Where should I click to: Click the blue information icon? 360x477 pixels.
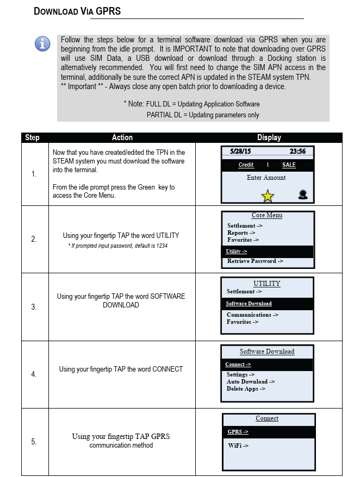click(x=42, y=43)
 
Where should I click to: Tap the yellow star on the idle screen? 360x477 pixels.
click(x=268, y=196)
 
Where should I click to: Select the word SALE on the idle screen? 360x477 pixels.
click(x=289, y=165)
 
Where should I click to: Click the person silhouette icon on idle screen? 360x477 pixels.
click(x=303, y=194)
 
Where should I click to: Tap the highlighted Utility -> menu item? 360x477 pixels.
click(x=237, y=252)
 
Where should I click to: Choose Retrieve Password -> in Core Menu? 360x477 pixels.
click(x=255, y=261)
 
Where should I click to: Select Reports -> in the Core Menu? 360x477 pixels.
click(x=241, y=233)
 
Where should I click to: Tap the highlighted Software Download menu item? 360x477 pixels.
click(x=249, y=304)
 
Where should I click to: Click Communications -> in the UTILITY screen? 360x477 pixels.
click(x=252, y=315)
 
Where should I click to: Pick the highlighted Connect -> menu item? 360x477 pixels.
click(x=238, y=365)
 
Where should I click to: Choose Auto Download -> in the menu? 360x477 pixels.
click(x=251, y=381)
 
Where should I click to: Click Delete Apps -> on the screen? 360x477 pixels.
click(x=246, y=389)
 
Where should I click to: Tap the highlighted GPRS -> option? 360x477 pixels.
click(x=238, y=432)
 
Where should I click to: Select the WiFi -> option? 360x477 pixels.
click(x=238, y=445)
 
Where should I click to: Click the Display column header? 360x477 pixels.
click(x=269, y=137)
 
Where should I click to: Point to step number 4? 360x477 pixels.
click(x=34, y=374)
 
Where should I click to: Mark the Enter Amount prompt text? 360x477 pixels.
click(x=266, y=178)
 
